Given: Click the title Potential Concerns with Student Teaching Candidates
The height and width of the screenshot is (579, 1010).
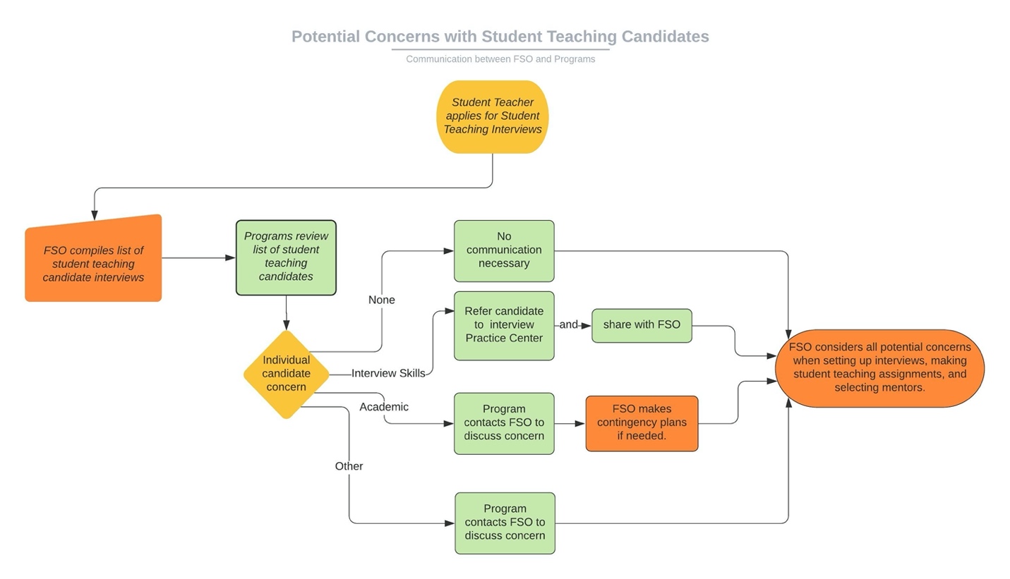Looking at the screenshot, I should tap(500, 37).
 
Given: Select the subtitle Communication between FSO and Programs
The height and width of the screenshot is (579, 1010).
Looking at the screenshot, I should tap(500, 59).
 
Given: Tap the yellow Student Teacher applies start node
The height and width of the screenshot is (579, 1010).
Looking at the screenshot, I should tap(492, 116).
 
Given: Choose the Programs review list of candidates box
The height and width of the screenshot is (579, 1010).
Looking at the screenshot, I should tap(286, 257).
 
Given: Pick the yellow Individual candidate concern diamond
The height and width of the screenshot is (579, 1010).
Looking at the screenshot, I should tap(286, 374).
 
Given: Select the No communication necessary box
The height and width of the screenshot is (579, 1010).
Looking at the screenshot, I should tap(503, 250).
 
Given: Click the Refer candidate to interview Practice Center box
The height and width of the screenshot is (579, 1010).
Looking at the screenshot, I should tap(503, 325).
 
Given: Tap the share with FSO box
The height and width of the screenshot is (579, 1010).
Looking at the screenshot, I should tap(641, 325).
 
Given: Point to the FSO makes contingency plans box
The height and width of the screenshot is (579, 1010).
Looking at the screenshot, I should tap(641, 423).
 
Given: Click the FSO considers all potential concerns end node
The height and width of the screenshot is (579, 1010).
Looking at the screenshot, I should tap(879, 367).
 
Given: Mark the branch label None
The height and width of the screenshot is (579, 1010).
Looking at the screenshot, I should tap(381, 300).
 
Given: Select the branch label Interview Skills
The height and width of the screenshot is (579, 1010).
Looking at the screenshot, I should tap(388, 374).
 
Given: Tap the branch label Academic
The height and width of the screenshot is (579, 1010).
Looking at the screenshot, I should tap(383, 407).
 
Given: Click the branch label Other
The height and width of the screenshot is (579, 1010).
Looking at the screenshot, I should tap(349, 466).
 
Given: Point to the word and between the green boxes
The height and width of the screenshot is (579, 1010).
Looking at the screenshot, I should tap(568, 325).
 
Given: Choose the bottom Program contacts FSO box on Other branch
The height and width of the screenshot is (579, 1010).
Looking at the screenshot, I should tap(505, 523).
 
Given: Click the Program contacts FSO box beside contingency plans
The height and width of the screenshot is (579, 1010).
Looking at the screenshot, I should tap(503, 423).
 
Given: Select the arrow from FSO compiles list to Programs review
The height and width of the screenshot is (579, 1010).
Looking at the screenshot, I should tap(198, 258).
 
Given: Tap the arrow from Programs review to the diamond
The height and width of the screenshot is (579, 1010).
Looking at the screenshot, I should tap(286, 312).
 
